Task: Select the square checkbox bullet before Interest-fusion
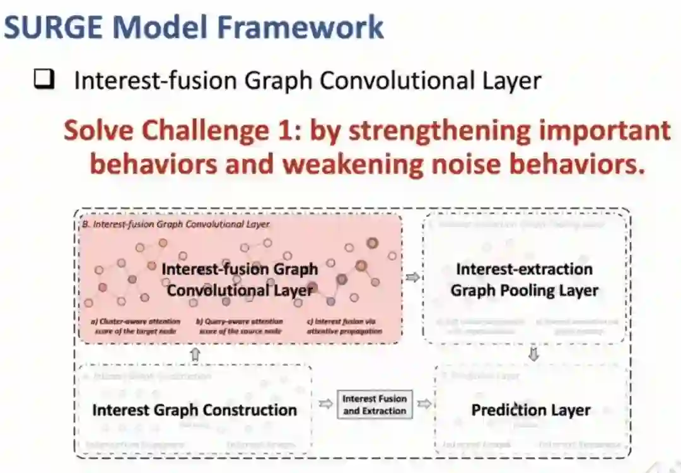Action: pyautogui.click(x=44, y=80)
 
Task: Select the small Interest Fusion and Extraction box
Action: pyautogui.click(x=375, y=405)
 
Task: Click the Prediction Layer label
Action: pyautogui.click(x=531, y=410)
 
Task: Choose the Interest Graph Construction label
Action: pyautogui.click(x=194, y=410)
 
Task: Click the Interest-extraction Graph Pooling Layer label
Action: pyautogui.click(x=524, y=280)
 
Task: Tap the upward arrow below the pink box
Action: pyautogui.click(x=195, y=354)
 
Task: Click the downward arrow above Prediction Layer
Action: pyautogui.click(x=533, y=355)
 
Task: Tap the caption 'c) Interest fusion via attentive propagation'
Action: pyautogui.click(x=348, y=326)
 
